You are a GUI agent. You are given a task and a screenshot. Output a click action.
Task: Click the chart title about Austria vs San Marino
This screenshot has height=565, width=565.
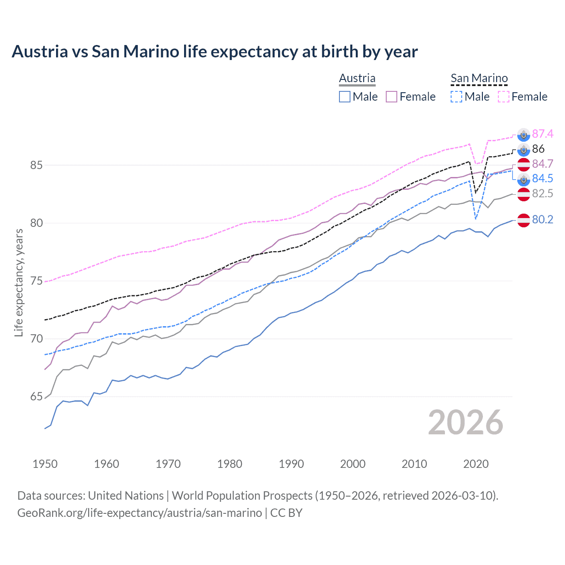[215, 52]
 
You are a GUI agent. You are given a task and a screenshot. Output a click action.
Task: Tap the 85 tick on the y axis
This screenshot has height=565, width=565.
[36, 166]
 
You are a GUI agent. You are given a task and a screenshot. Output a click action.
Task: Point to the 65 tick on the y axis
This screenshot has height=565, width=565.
[36, 397]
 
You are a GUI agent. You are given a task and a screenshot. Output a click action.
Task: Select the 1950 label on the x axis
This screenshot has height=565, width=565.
[45, 464]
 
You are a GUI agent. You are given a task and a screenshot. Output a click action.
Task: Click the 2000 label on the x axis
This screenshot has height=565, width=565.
[353, 464]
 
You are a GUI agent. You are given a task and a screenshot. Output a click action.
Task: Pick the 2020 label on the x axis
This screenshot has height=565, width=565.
[476, 464]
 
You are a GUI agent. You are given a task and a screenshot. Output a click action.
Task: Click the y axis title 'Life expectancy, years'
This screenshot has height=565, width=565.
[19, 282]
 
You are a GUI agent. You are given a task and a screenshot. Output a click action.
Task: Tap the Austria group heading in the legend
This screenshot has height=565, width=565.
[357, 78]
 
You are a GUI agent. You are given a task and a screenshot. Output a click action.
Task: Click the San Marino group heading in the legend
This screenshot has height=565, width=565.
[479, 78]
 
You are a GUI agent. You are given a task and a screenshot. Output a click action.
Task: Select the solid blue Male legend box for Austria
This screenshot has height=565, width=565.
[345, 97]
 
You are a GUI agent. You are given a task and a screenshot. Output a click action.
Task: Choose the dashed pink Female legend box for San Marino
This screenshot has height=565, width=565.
[504, 97]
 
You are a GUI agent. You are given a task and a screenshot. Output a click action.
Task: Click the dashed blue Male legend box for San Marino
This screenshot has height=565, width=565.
[456, 97]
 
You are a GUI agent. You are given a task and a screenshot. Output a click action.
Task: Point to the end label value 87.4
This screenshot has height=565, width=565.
[542, 134]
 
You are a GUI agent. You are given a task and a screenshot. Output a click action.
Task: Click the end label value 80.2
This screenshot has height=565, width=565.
[542, 219]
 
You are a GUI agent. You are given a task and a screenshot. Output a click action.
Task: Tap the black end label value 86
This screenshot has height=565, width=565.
[538, 149]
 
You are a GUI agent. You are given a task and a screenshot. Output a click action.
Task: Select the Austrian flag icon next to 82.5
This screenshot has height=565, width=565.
[524, 194]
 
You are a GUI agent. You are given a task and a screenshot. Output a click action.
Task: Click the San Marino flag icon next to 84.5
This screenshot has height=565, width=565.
[524, 179]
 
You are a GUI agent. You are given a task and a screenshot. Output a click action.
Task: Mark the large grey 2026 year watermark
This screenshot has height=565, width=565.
[466, 422]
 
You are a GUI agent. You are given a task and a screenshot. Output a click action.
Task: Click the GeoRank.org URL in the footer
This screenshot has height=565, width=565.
[139, 513]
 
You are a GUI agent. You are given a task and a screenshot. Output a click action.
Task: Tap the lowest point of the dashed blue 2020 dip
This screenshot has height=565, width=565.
[475, 219]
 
